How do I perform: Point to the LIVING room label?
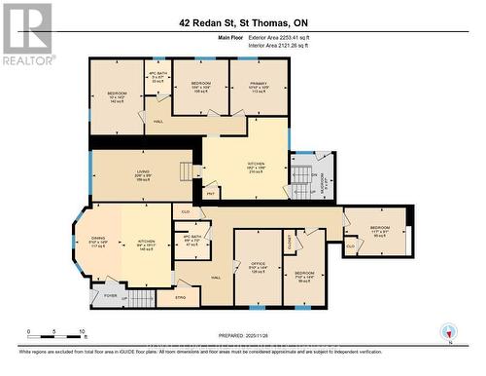(x=142, y=175)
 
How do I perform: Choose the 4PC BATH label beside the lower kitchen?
(x=192, y=241)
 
